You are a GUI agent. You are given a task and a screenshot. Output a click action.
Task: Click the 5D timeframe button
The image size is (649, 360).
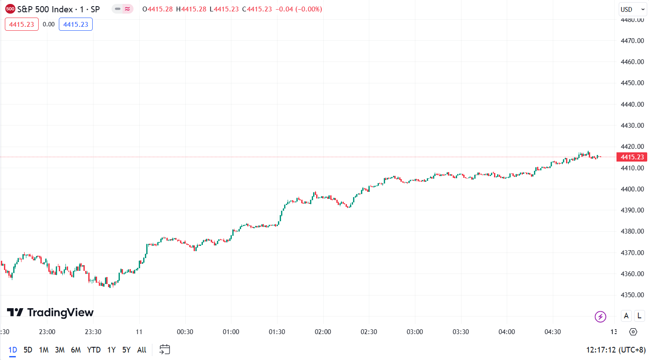(x=28, y=350)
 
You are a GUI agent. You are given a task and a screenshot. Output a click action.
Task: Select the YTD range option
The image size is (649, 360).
(x=94, y=350)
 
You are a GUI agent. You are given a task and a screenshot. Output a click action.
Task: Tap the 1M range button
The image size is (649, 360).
(x=43, y=350)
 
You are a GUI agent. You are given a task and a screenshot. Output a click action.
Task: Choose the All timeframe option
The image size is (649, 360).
(x=141, y=350)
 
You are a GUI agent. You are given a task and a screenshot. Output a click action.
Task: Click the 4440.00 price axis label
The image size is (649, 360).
(x=632, y=104)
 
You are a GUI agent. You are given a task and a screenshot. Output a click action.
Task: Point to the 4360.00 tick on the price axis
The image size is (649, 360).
(x=632, y=274)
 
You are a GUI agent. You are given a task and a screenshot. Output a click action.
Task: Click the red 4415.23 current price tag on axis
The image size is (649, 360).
(x=632, y=157)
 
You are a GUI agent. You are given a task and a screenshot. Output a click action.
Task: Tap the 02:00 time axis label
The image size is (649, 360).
(x=323, y=332)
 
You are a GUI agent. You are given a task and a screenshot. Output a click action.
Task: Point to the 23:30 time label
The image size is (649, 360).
(x=93, y=332)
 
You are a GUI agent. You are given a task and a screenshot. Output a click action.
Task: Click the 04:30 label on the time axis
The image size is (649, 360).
(x=552, y=332)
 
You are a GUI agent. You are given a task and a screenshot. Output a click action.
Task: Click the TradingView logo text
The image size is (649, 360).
(x=50, y=313)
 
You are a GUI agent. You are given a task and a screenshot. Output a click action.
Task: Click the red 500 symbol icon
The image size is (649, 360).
(x=10, y=9)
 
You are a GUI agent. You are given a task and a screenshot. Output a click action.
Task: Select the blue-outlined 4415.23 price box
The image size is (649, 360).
(x=76, y=25)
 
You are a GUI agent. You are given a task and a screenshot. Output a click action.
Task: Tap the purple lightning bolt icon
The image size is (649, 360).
(x=600, y=316)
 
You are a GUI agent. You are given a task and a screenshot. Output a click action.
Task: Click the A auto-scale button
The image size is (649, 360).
(x=626, y=316)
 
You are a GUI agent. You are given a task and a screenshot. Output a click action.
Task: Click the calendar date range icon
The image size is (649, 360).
(x=165, y=349)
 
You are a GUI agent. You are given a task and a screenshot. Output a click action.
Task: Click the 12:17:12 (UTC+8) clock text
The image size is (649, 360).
(x=616, y=350)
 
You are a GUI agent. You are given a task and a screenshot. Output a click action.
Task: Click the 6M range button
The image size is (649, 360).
(x=76, y=350)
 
